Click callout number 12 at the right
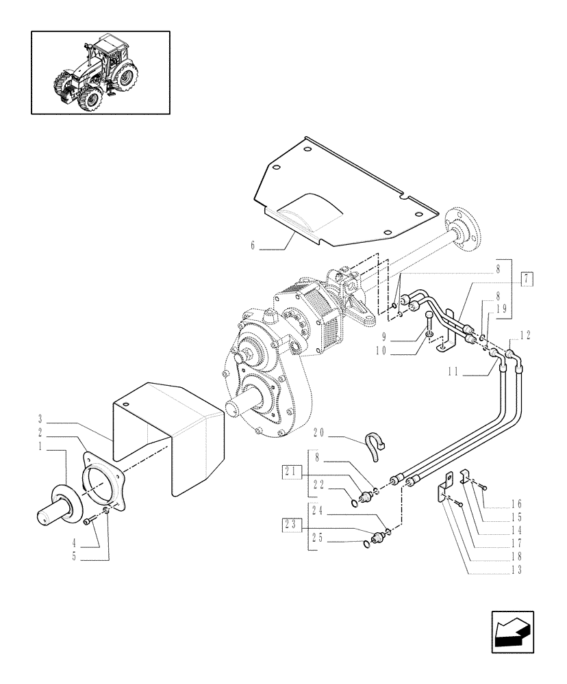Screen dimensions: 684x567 coord(525,335)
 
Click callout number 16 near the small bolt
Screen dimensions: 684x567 coord(515,503)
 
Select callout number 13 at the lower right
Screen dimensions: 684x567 coord(515,570)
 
